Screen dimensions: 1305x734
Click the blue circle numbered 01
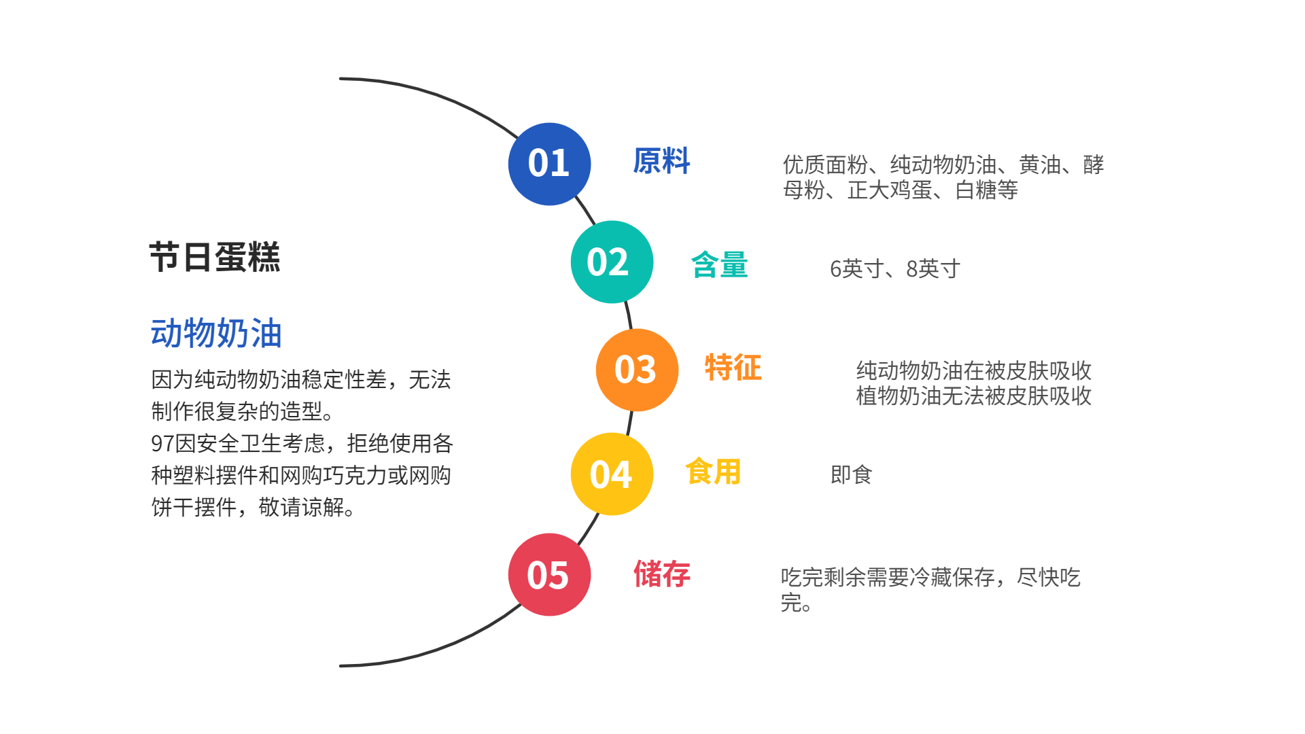(549, 164)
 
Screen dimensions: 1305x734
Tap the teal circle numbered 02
(612, 262)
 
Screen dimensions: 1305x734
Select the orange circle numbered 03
(637, 370)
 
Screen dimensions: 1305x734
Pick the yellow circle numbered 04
(612, 474)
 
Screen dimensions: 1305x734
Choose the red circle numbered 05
(549, 575)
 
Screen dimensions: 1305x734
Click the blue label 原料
(661, 162)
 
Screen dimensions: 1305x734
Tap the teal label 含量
(719, 265)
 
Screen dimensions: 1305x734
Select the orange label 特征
(733, 368)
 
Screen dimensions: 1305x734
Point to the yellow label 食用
(712, 472)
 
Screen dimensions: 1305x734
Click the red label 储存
(661, 574)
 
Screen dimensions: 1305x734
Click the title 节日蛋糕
(215, 258)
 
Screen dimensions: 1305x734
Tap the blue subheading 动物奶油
(216, 334)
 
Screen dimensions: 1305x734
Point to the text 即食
(851, 474)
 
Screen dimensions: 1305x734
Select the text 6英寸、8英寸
(894, 269)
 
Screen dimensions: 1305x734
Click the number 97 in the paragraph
(162, 444)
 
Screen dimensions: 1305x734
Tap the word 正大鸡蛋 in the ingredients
(890, 190)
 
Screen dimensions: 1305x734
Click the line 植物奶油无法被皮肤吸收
(973, 396)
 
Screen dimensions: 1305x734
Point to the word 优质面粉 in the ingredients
(825, 164)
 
